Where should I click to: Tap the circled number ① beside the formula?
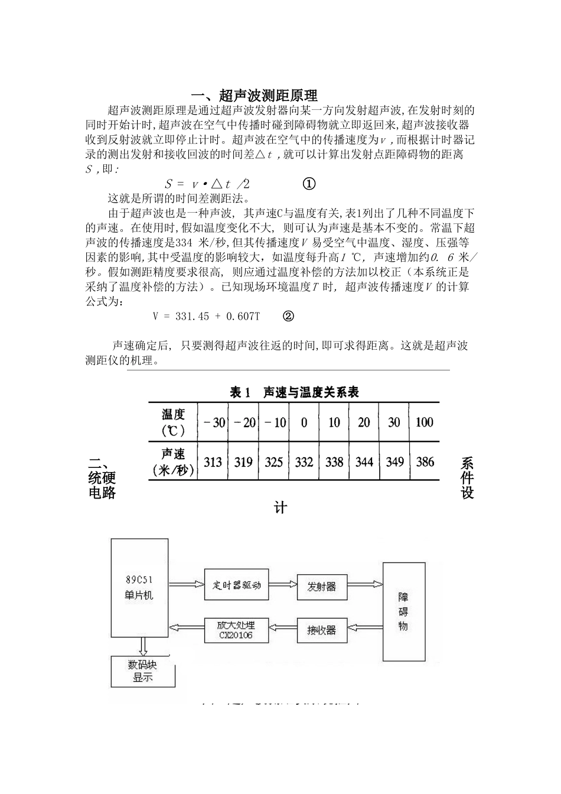click(309, 184)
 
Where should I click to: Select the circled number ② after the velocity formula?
click(288, 316)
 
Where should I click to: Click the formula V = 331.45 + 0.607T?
click(206, 316)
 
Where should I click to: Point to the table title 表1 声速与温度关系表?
click(293, 392)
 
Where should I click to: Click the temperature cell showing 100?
click(425, 422)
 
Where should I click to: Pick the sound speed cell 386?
click(425, 462)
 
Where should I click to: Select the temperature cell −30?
click(214, 422)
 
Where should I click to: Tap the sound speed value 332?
click(304, 462)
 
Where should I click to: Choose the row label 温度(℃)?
click(173, 422)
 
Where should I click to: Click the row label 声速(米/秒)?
click(173, 462)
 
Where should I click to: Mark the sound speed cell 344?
click(364, 462)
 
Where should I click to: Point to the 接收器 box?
click(321, 630)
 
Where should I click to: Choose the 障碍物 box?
click(403, 611)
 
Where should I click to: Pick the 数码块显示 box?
click(143, 671)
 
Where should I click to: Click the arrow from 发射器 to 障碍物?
click(364, 585)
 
